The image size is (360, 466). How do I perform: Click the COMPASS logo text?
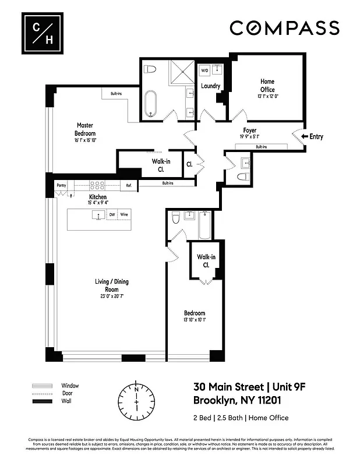tap(284, 28)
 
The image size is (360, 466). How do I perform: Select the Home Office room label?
tap(267, 86)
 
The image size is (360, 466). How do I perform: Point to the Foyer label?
tap(249, 130)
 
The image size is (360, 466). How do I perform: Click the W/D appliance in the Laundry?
tap(204, 70)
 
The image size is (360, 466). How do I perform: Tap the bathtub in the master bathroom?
tap(151, 103)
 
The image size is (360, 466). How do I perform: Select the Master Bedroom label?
tap(84, 129)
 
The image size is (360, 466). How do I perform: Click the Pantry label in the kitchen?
tap(61, 186)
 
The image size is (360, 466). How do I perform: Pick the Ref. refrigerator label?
tap(128, 186)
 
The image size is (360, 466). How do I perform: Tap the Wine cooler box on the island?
tap(123, 215)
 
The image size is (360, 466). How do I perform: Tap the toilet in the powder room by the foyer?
tap(244, 176)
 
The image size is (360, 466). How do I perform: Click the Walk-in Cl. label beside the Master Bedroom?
tap(157, 165)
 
